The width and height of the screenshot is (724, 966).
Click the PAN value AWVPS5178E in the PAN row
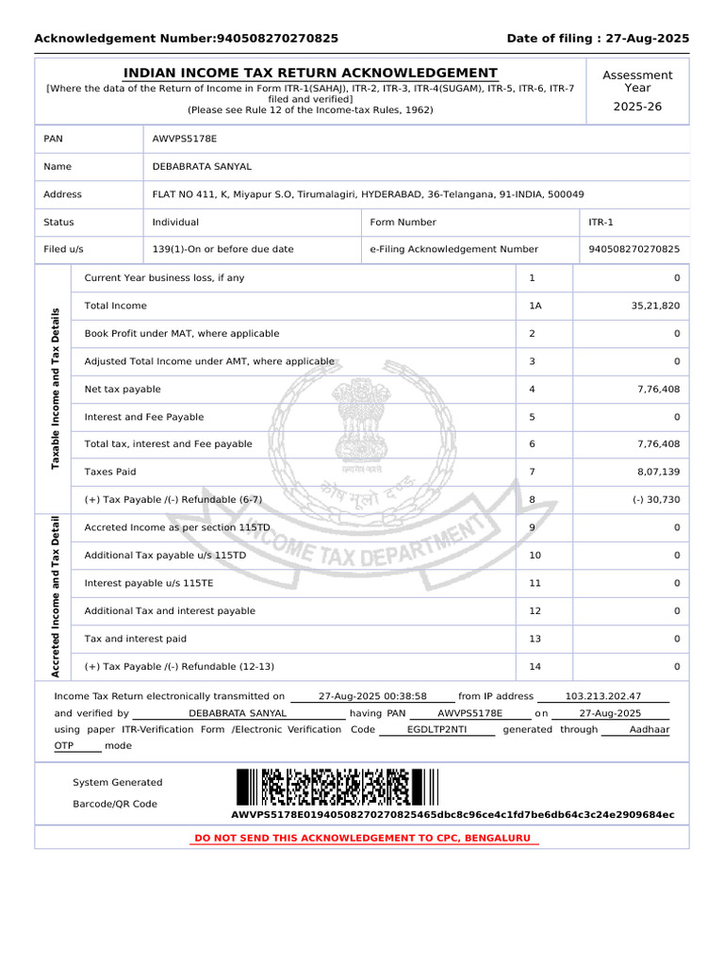click(185, 139)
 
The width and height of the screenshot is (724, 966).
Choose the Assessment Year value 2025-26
click(637, 107)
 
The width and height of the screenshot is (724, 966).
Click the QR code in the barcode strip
click(336, 787)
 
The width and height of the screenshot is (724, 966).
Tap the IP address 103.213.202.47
click(602, 696)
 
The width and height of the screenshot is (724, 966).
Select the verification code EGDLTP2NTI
click(436, 730)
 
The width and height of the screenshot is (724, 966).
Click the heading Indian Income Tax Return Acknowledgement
click(311, 74)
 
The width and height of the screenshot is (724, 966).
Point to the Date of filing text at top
click(598, 39)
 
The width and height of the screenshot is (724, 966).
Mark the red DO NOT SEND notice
click(362, 838)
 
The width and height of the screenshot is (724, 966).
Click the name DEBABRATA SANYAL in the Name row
click(202, 167)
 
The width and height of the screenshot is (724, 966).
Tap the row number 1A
click(535, 306)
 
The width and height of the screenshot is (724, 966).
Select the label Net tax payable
click(123, 390)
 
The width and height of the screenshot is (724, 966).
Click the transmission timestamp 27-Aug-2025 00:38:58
click(372, 696)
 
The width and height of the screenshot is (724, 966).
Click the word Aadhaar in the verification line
click(650, 730)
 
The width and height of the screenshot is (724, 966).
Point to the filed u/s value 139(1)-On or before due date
click(222, 250)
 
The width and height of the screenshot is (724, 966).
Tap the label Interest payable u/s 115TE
click(149, 584)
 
